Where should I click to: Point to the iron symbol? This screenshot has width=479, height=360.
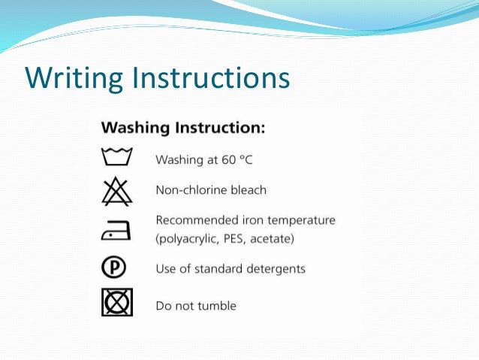point(116,231)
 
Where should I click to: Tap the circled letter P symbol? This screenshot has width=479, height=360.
point(116,268)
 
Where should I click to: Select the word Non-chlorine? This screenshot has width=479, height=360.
point(191,190)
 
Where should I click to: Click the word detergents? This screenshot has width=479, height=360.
point(277,268)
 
